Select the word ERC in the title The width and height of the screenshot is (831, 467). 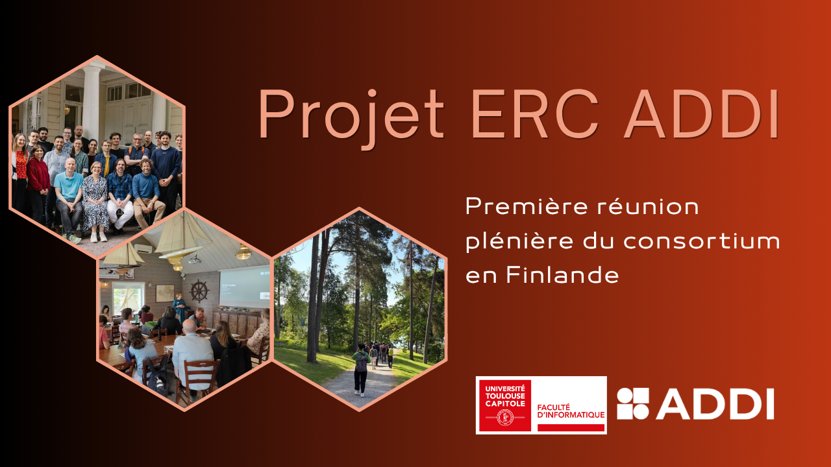535,114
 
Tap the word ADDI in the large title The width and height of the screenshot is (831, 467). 701,114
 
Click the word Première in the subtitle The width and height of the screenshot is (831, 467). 526,207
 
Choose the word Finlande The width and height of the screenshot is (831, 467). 562,275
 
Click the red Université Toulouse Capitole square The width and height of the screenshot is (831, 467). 505,405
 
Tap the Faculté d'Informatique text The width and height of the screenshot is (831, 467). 571,411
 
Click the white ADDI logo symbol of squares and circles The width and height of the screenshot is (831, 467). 633,403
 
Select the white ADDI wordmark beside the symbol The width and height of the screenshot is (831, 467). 715,403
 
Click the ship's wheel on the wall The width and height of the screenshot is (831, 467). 199,291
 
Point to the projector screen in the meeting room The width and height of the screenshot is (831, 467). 244,287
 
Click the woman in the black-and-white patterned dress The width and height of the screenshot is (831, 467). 95,202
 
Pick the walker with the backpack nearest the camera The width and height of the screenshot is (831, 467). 360,370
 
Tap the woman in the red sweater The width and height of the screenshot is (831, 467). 38,184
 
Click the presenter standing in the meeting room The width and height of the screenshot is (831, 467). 180,307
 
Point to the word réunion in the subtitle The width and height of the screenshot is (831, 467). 648,207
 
